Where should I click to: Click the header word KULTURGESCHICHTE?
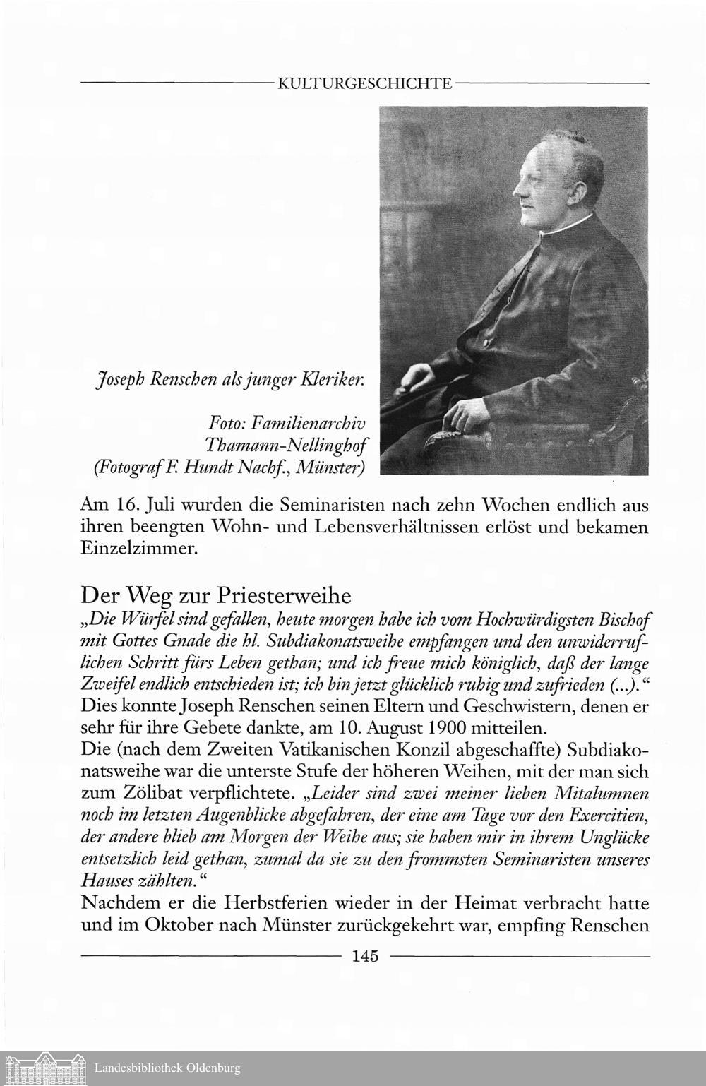point(365,84)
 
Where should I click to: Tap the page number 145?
point(365,956)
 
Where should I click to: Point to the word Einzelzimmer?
point(138,550)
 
